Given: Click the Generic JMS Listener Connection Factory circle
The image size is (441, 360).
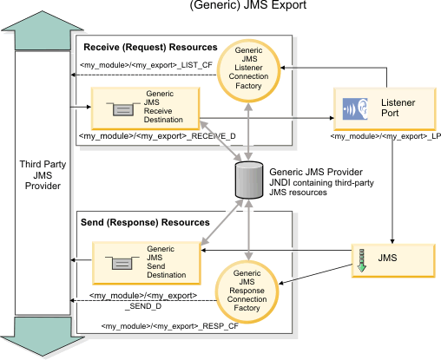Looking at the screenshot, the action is pyautogui.click(x=248, y=71).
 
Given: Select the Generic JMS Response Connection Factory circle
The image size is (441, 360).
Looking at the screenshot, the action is pyautogui.click(x=247, y=291).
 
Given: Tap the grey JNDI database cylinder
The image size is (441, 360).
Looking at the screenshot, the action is pyautogui.click(x=249, y=180).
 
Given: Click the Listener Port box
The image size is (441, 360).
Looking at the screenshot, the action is pyautogui.click(x=385, y=109).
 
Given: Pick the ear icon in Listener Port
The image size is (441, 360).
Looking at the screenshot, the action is pyautogui.click(x=355, y=108).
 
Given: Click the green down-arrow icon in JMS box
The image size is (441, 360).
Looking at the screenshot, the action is pyautogui.click(x=361, y=260).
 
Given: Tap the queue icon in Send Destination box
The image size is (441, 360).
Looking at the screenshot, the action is pyautogui.click(x=122, y=263).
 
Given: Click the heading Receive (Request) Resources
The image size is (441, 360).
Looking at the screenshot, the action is pyautogui.click(x=150, y=47).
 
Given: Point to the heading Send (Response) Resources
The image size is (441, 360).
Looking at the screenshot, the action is pyautogui.click(x=145, y=222).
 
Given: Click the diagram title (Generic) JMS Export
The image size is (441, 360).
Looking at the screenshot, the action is pyautogui.click(x=248, y=5).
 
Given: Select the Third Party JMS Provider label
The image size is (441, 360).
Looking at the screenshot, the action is pyautogui.click(x=43, y=175).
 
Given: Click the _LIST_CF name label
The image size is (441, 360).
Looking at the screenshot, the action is pyautogui.click(x=146, y=65).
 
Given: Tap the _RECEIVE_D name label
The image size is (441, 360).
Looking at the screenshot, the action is pyautogui.click(x=157, y=136).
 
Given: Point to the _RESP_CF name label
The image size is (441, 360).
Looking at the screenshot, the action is pyautogui.click(x=170, y=326).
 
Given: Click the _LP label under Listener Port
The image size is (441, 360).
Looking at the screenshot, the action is pyautogui.click(x=385, y=136).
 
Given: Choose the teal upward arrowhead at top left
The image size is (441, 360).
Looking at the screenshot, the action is pyautogui.click(x=43, y=30).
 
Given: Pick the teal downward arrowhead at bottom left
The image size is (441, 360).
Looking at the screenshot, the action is pyautogui.click(x=43, y=337).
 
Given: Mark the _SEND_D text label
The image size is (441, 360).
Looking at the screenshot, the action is pyautogui.click(x=143, y=306).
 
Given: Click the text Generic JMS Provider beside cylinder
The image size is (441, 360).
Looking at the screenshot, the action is pyautogui.click(x=316, y=172).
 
